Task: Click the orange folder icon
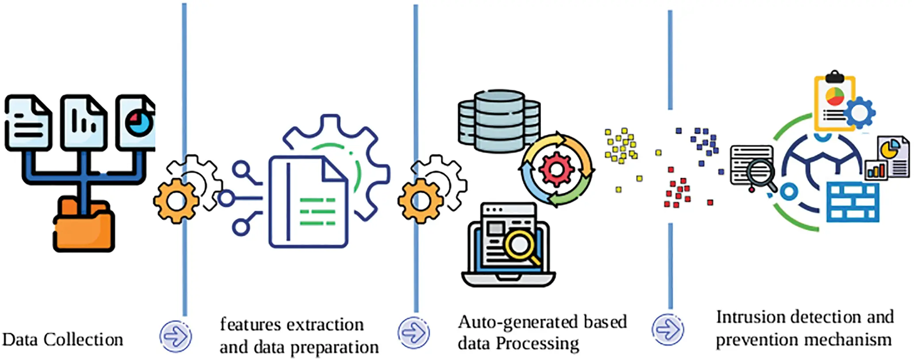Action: (84, 228)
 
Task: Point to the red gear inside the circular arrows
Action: (556, 169)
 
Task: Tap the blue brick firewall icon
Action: (852, 202)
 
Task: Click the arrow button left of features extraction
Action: (176, 337)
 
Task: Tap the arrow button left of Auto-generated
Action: (413, 333)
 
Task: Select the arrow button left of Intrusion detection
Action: (667, 329)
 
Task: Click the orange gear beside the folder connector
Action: (176, 201)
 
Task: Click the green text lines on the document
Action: (317, 212)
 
